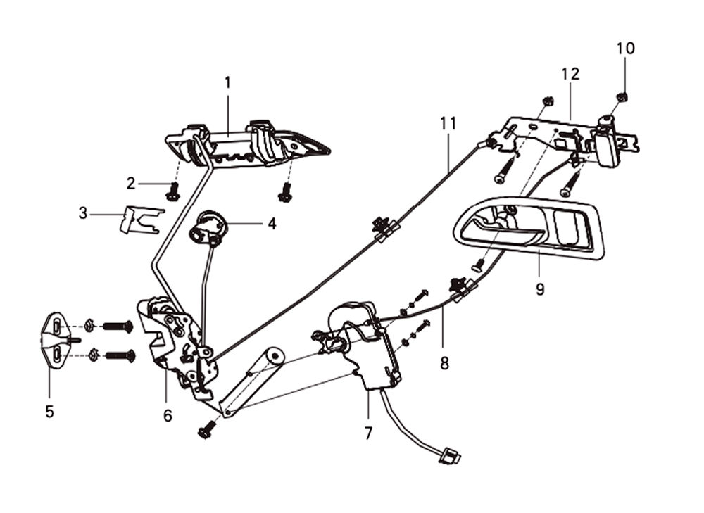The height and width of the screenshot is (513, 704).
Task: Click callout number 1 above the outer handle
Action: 227,83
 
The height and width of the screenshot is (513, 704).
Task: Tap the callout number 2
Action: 131,183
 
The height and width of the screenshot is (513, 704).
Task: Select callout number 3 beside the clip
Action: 82,213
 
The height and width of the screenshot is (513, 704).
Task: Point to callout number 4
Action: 272,223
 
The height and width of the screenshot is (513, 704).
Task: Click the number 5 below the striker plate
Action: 49,411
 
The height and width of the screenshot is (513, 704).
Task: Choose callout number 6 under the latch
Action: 168,416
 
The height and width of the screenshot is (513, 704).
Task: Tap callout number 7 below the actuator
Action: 368,433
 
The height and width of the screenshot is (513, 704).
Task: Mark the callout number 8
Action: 444,364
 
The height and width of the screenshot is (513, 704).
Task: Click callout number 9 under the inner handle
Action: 540,289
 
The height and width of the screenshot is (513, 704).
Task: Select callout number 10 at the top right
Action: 625,48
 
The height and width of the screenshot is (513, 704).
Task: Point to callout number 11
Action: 448,123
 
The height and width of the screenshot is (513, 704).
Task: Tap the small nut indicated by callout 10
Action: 622,96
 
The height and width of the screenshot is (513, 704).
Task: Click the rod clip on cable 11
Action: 384,228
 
